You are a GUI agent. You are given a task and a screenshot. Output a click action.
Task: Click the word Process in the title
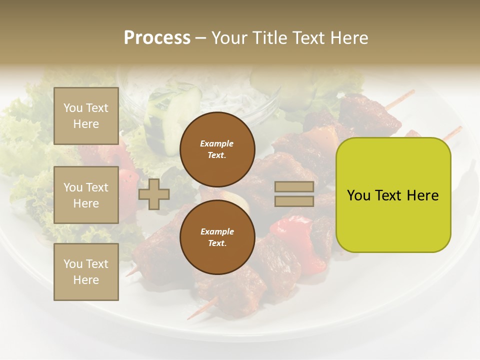point(157,38)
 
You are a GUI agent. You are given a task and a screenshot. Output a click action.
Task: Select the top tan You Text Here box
point(86,116)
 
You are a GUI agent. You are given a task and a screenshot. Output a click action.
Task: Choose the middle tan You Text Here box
point(86,195)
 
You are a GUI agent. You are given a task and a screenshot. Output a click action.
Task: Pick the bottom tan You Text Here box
point(86,272)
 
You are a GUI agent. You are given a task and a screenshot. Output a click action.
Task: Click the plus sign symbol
point(154,194)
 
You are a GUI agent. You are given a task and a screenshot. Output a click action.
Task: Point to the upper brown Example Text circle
point(217,149)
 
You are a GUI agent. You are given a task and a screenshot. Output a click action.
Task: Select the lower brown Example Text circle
point(217,237)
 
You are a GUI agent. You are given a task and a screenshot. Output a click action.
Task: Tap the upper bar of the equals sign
point(294,187)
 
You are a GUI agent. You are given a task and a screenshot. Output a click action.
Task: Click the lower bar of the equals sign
point(294,201)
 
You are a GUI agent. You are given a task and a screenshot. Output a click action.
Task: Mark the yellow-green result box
point(393,195)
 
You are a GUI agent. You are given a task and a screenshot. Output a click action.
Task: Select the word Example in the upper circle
point(217,143)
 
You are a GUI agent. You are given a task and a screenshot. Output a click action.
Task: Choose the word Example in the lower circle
point(217,231)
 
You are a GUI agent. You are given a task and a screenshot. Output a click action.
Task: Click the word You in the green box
point(358,195)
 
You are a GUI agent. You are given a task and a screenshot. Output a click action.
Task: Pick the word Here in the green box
point(422,195)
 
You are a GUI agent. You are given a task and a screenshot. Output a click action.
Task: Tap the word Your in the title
point(230,38)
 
